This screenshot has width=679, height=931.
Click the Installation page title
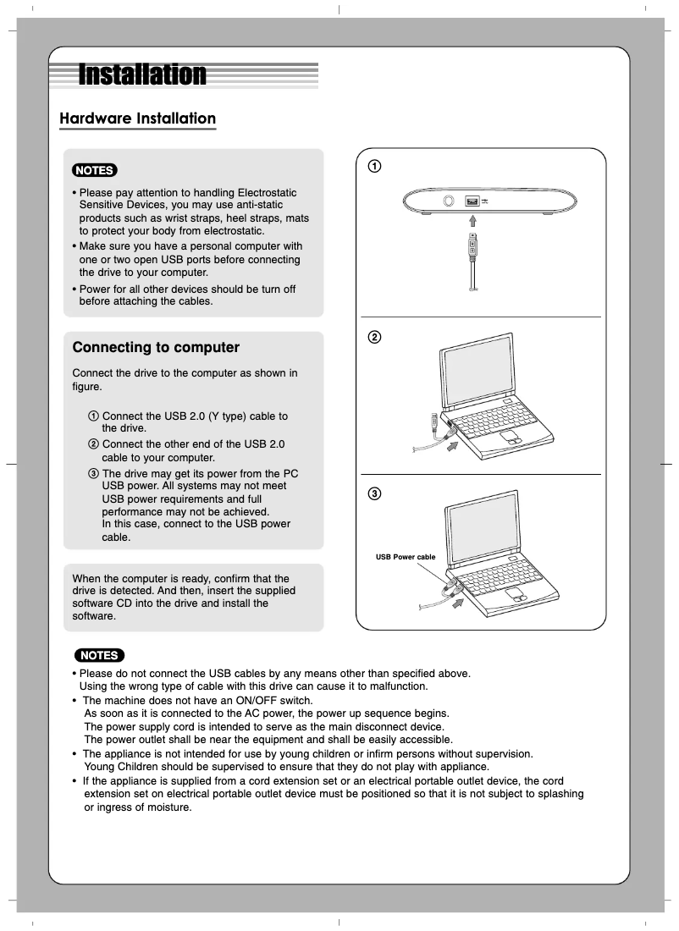[x=142, y=74]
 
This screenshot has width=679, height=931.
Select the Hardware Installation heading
[x=137, y=118]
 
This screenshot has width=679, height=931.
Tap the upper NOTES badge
[x=95, y=170]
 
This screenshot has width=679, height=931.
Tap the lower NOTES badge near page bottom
[x=99, y=655]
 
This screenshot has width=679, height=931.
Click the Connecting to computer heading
[x=156, y=348]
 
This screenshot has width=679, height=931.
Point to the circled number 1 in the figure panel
[x=373, y=166]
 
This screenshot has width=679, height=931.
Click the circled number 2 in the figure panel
[x=373, y=338]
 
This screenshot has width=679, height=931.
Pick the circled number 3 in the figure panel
[x=373, y=493]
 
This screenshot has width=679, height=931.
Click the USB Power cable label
[x=406, y=557]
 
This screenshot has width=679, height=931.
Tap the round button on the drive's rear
[x=450, y=201]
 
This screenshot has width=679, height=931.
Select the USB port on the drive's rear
[x=472, y=201]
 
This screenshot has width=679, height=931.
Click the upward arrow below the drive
[x=474, y=221]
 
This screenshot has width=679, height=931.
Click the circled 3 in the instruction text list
[x=93, y=473]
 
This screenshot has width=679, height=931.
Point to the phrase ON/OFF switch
[x=270, y=701]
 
